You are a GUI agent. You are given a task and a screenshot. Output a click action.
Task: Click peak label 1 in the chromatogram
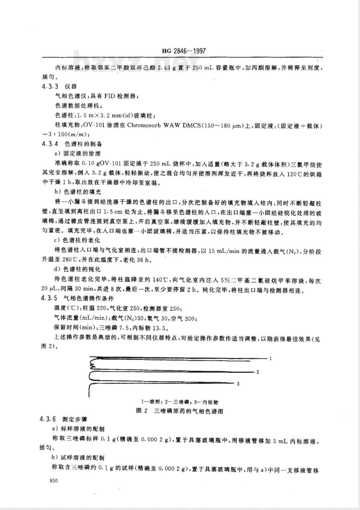click(x=270, y=359)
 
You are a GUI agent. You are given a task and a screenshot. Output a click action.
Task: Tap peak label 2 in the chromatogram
click(x=258, y=372)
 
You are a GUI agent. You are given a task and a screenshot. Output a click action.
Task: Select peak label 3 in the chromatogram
click(x=238, y=384)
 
